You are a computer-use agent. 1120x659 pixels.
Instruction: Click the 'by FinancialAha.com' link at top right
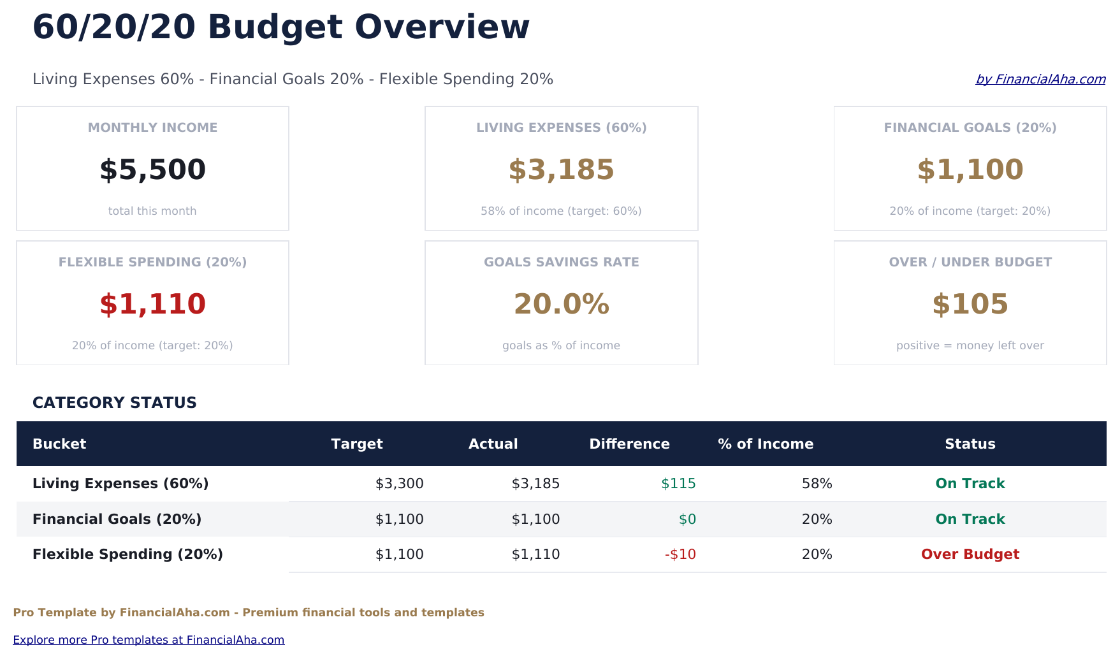pos(1040,79)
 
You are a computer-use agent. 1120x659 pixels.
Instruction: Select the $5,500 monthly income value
pos(152,170)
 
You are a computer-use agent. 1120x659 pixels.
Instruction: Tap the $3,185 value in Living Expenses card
pos(561,170)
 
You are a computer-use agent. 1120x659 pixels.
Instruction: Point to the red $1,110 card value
pos(152,305)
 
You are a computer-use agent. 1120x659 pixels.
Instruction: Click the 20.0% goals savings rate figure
pos(561,305)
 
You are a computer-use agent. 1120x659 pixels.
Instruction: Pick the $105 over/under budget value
pos(970,305)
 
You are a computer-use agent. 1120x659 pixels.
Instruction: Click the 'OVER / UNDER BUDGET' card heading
pos(970,262)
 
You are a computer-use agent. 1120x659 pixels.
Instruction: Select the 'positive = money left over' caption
pos(970,345)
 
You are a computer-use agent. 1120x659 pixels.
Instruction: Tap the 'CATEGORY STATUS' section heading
pos(115,403)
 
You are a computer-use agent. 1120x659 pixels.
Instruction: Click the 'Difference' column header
pos(629,444)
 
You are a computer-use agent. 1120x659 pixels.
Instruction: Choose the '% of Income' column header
pos(765,444)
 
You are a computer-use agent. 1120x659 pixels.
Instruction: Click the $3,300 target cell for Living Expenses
pos(399,484)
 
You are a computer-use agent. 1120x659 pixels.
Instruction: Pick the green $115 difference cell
pos(678,484)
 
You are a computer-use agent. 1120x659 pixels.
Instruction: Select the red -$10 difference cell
pos(680,554)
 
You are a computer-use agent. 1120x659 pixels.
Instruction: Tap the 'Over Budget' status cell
pos(970,554)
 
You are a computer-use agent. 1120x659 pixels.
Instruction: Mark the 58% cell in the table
pos(817,484)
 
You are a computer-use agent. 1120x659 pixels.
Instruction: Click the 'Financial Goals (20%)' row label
pos(117,519)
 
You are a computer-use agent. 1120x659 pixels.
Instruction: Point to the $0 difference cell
pos(687,519)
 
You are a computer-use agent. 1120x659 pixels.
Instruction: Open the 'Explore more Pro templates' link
pos(149,640)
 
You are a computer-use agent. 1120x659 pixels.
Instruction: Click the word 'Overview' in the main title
pos(442,28)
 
